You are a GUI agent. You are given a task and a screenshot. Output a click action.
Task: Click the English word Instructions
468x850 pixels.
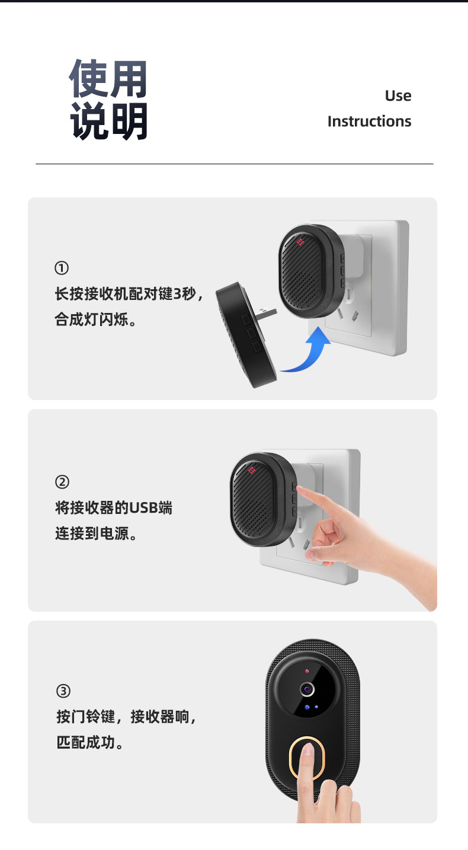coord(369,122)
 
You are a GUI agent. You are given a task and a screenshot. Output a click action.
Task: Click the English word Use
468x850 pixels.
coord(398,96)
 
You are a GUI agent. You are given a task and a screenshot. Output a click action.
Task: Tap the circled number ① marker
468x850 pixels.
coord(62,269)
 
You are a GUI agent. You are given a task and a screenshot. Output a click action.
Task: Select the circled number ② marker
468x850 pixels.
coord(62,482)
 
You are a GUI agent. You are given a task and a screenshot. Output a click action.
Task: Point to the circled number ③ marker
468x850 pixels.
coord(63,691)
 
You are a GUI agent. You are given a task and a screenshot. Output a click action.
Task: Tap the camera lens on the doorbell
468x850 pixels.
coord(307,689)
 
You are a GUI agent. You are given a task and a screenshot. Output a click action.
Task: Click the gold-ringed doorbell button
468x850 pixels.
coord(307,758)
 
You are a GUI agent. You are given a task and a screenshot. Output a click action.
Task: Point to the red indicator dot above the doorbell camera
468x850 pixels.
coord(307,671)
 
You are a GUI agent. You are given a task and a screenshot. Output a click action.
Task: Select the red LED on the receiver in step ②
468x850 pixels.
coord(251,471)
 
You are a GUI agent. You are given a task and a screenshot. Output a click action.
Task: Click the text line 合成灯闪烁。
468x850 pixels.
coord(95,321)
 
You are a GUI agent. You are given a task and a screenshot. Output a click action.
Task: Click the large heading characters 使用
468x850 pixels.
coord(108,79)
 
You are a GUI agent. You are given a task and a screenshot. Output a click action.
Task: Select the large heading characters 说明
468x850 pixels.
coord(108,122)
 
